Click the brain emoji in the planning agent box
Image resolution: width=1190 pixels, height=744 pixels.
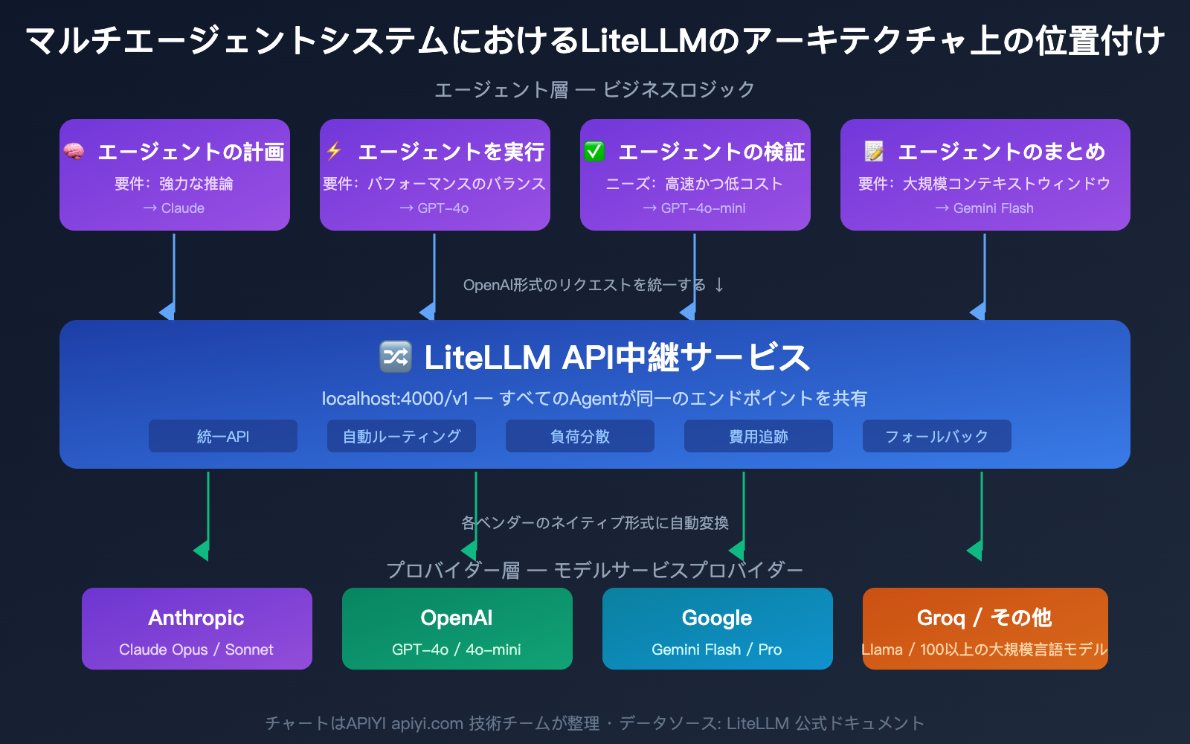[74, 152]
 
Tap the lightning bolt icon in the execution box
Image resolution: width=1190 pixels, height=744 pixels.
[334, 151]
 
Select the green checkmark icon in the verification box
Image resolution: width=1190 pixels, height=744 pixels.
[594, 152]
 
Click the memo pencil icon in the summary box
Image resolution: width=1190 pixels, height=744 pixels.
[874, 152]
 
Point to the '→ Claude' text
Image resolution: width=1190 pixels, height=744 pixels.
[174, 208]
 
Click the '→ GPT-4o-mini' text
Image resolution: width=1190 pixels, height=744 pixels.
[695, 208]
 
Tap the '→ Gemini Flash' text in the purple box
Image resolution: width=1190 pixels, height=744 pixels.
[985, 208]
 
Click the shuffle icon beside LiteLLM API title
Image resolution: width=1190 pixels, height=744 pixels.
[395, 356]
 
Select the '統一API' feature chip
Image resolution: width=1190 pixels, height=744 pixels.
[223, 437]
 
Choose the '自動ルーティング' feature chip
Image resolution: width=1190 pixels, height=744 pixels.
[402, 437]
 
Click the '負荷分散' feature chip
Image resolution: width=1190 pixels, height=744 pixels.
[580, 437]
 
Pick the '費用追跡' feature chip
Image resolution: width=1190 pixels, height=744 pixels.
[759, 437]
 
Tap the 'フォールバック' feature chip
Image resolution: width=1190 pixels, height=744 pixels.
[937, 437]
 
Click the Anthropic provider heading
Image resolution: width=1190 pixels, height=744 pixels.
[196, 618]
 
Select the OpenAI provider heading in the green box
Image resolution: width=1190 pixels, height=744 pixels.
[457, 618]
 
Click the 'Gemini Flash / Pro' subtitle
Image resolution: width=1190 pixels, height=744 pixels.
[717, 650]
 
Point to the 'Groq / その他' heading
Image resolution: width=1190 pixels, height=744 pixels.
[985, 618]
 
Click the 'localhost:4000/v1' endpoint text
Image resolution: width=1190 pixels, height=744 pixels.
[395, 399]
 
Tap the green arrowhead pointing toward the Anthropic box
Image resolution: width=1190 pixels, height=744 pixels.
[202, 551]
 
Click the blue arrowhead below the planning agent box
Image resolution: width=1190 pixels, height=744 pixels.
[168, 312]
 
